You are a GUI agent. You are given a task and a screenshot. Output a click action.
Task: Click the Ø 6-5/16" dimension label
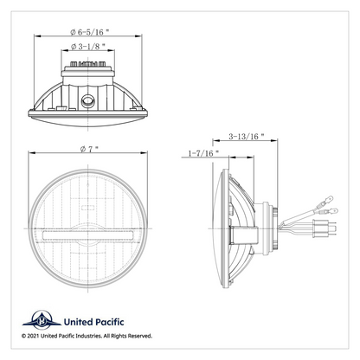(90, 32)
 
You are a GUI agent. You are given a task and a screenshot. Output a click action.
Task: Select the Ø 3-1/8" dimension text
(88, 46)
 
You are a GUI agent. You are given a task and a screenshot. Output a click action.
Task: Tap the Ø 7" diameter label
(89, 149)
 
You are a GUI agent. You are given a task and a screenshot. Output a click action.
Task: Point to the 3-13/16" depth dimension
(247, 136)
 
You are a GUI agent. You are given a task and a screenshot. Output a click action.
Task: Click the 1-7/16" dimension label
(203, 153)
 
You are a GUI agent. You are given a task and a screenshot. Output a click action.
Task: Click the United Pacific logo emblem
(42, 320)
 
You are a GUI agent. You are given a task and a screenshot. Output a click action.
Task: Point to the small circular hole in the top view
(87, 101)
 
